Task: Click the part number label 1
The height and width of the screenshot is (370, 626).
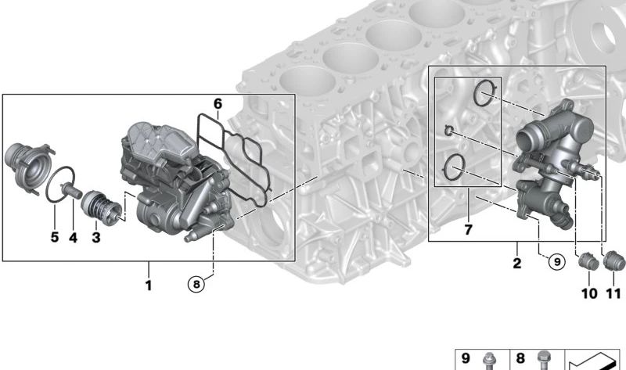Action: pos(148,286)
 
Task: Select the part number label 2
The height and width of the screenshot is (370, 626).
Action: pos(516,264)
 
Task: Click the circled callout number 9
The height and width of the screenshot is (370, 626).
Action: pos(556,263)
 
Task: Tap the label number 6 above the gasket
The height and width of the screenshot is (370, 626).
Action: pos(218,103)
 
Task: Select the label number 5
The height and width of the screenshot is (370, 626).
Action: pos(55,235)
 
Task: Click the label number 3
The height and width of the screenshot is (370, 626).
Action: pos(95,235)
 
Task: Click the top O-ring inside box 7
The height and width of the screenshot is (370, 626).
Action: pos(484,94)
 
